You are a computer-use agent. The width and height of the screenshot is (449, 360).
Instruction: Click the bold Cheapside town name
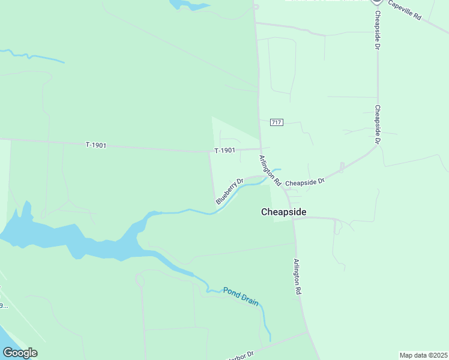tap(284, 212)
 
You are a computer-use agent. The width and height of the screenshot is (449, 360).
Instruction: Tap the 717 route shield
tap(276, 122)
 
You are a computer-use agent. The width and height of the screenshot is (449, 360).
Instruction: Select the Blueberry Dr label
tap(229, 191)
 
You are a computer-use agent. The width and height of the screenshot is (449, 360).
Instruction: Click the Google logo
tap(20, 353)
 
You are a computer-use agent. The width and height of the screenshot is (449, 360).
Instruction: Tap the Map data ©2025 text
tap(424, 355)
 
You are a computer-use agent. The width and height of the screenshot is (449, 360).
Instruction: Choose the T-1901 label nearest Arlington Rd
tap(225, 150)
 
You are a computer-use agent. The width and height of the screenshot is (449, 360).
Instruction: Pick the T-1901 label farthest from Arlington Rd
tap(96, 145)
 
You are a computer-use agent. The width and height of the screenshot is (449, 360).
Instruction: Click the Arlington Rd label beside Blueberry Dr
tap(270, 170)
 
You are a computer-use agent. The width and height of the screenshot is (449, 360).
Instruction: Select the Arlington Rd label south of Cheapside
tap(296, 276)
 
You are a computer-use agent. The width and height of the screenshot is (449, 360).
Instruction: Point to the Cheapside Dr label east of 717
tap(378, 125)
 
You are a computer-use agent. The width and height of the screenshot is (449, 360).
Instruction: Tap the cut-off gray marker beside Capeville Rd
tap(377, 2)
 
